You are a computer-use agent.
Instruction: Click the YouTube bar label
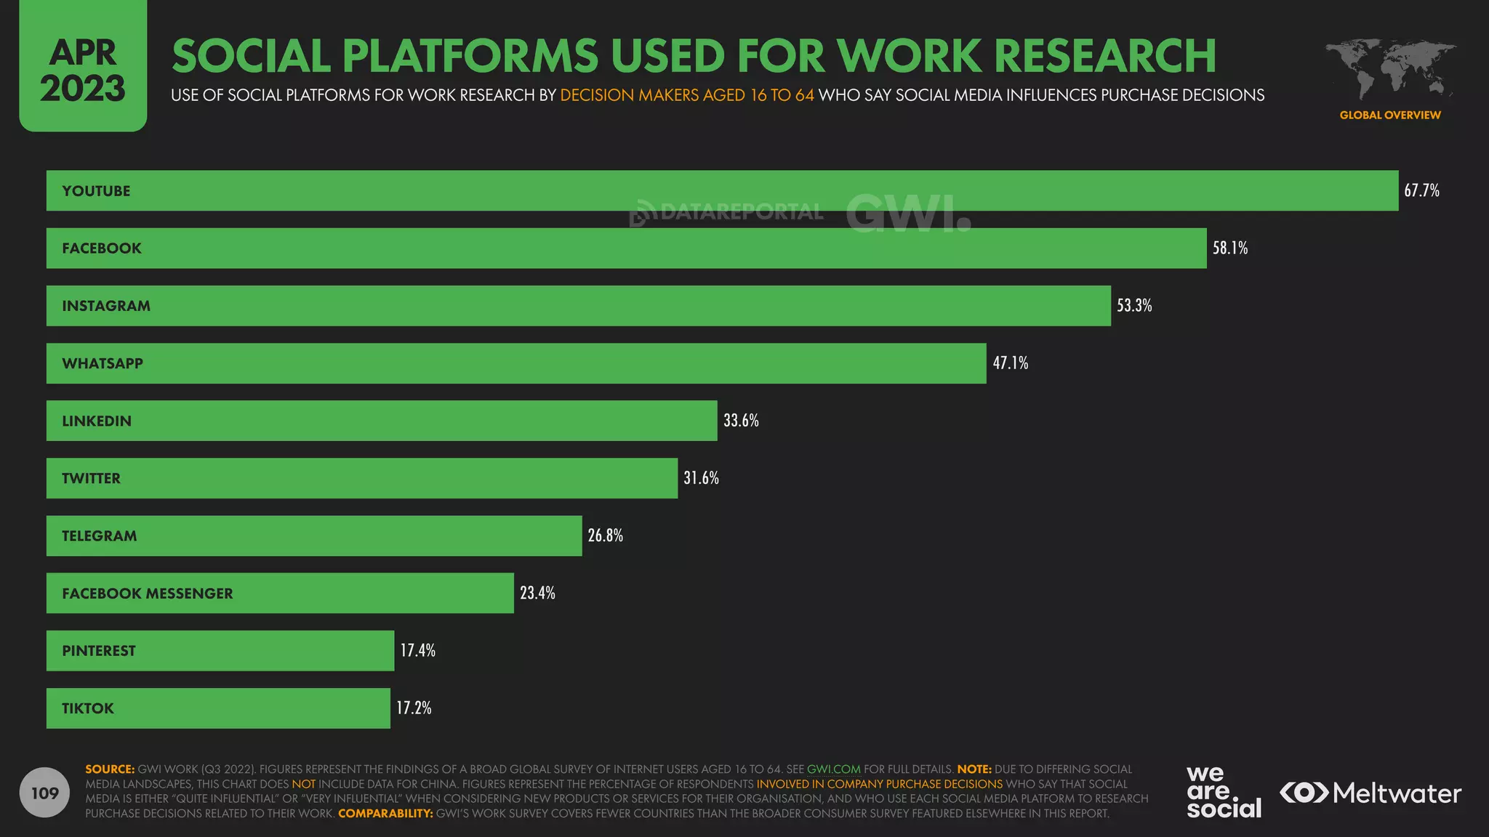coord(96,191)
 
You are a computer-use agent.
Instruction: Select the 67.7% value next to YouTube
coord(1421,191)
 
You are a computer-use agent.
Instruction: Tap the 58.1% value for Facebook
coord(1230,248)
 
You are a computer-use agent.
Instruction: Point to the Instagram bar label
coord(106,306)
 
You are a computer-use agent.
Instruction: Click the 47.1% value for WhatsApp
coord(1011,363)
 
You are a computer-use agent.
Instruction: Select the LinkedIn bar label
coord(97,421)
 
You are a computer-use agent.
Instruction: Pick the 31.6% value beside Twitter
coord(701,478)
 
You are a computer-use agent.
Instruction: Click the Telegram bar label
coord(99,536)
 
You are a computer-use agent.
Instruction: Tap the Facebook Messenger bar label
coord(148,594)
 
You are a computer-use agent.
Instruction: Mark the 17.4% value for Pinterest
coord(417,651)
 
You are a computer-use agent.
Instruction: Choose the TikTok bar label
coord(88,708)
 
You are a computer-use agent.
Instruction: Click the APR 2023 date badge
coord(83,70)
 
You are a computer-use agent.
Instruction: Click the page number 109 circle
coord(45,793)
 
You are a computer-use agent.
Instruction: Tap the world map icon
coord(1389,70)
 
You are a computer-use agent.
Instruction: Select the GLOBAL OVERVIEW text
coord(1389,115)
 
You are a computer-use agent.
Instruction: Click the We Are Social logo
coord(1224,792)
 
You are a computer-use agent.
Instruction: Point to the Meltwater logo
coord(1370,793)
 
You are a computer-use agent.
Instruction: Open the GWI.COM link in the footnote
coord(833,769)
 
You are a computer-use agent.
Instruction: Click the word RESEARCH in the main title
coord(1104,56)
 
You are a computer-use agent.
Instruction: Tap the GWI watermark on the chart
coord(908,212)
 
